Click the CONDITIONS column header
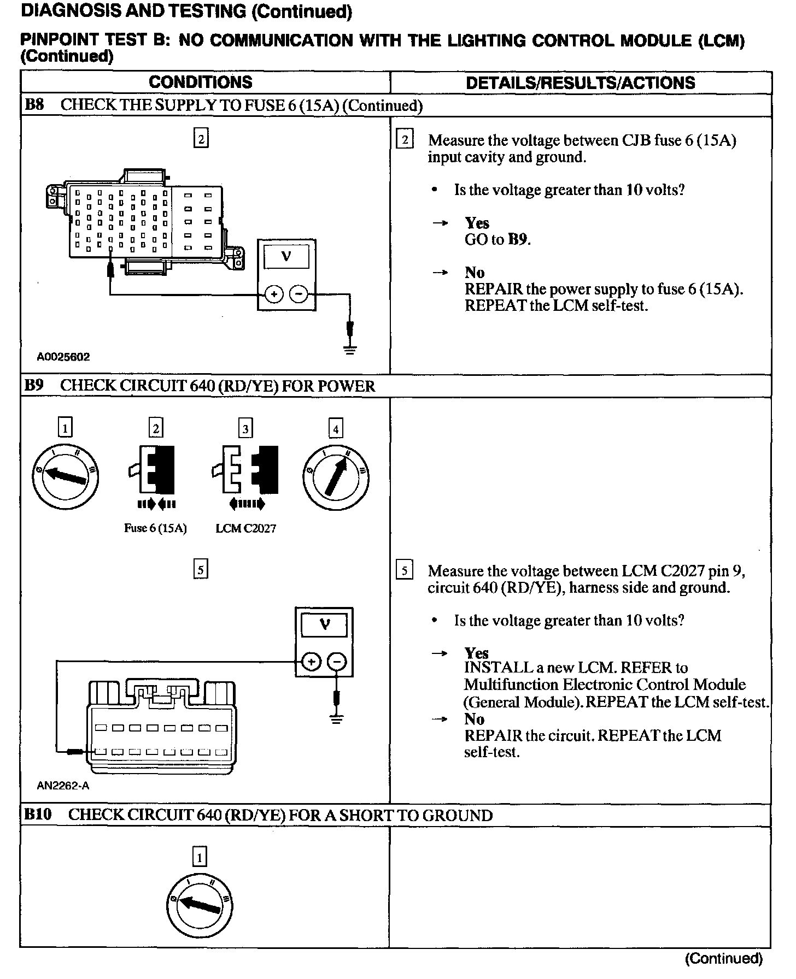tap(200, 82)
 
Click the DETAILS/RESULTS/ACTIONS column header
tap(580, 83)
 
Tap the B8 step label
tap(34, 105)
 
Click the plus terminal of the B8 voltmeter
tap(273, 295)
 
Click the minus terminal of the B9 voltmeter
tap(337, 662)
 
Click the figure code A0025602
tap(63, 357)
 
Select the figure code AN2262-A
tap(63, 786)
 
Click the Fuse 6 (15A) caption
tap(155, 528)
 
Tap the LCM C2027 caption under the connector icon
tap(245, 528)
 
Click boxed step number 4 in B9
tap(335, 429)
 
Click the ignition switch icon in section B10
tap(200, 905)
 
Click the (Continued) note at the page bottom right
tap(723, 958)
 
